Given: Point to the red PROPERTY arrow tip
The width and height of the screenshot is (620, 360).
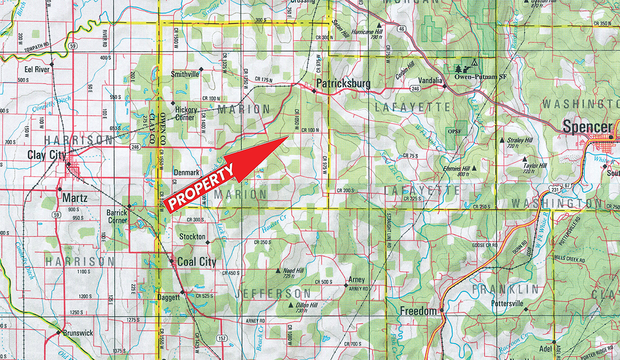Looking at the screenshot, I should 288,137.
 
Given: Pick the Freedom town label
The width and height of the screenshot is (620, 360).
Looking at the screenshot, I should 419,311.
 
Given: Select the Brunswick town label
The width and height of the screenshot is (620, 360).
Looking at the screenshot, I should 78,333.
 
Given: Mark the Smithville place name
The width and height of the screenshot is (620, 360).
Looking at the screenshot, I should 185,74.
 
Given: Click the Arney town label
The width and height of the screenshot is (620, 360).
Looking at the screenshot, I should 357,280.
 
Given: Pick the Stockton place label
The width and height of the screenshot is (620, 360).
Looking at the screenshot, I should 192,237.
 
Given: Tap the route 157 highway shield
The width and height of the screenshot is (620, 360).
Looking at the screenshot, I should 222,338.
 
